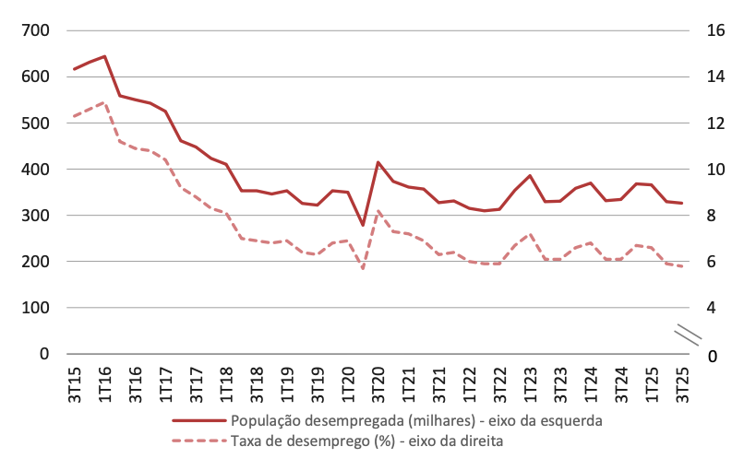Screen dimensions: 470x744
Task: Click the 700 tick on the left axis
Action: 36,31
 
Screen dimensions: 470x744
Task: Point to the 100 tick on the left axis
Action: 36,308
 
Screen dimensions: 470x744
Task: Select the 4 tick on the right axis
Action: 710,308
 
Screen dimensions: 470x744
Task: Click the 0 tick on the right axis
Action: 710,355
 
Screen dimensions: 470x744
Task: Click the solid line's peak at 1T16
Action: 104,56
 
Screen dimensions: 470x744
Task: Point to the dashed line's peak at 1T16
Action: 104,102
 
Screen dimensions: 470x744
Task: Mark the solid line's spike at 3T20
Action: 378,162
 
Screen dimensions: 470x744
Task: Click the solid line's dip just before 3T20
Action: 363,225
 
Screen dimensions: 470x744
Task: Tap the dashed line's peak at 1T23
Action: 530,235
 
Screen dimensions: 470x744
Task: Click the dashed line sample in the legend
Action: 198,441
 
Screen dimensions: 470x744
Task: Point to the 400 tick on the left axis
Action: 36,170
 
